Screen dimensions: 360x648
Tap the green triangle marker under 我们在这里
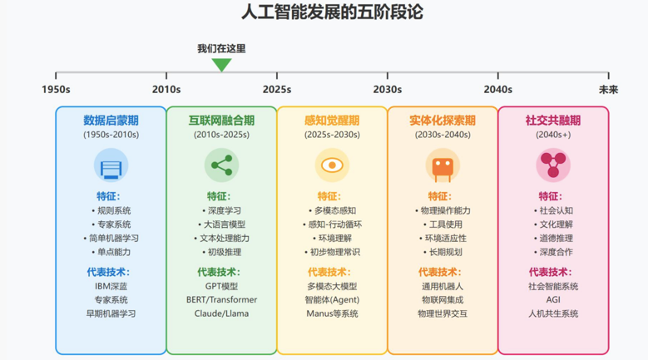pos(221,65)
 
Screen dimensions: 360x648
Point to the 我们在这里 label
pos(221,48)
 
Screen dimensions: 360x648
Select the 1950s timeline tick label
pos(57,89)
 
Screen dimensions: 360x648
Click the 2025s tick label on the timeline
pos(277,89)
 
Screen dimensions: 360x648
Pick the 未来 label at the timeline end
pos(608,89)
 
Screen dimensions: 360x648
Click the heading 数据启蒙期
pos(111,120)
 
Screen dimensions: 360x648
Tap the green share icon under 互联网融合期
pos(221,165)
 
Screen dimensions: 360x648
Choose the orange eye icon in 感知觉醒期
pos(332,165)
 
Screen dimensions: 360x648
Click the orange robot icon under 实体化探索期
pos(443,165)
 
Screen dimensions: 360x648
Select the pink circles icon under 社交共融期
pos(553,165)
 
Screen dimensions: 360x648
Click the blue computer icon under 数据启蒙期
pos(111,165)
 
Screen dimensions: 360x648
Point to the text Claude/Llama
pos(221,313)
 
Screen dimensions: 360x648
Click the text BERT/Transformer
pos(221,299)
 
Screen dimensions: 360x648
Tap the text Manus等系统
pos(332,313)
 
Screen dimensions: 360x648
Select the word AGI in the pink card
pos(553,299)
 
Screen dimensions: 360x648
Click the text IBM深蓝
pos(111,286)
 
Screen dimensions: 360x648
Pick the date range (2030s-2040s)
pos(443,134)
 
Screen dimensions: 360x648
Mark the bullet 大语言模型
pos(225,224)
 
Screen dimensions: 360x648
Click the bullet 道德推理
pos(556,238)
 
